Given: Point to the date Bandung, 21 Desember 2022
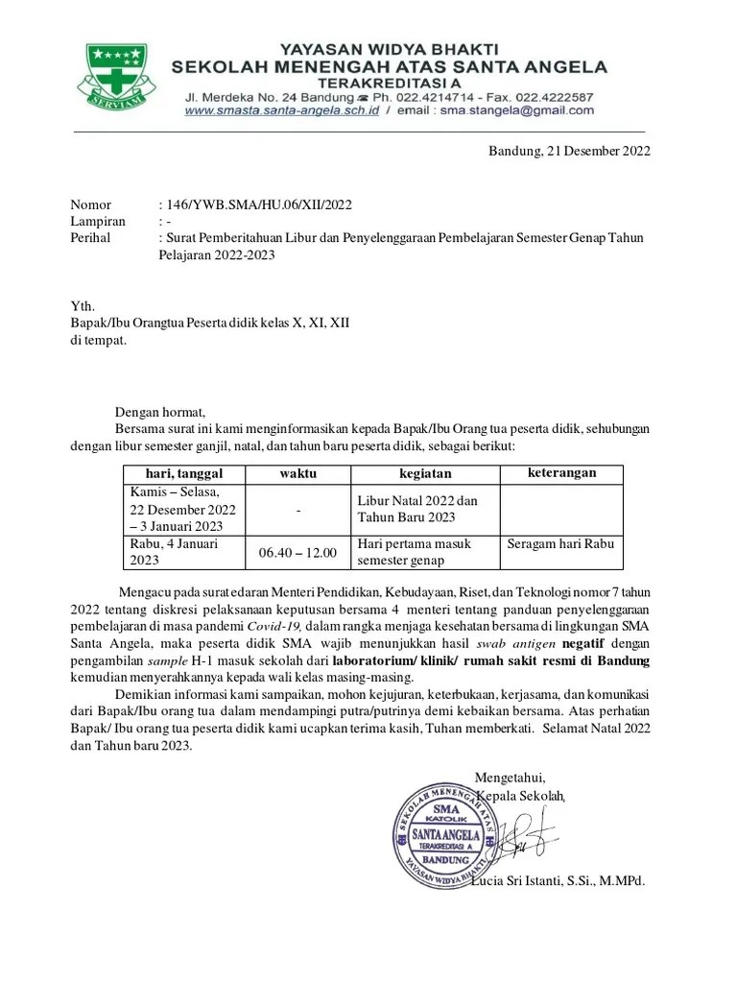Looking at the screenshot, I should [569, 151].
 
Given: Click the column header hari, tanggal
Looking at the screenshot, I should [183, 473].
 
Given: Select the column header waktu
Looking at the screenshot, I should [297, 473].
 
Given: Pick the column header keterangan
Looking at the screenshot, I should [562, 472].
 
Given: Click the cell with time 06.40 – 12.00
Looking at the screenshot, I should [297, 553].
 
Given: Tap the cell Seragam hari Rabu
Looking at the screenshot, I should [560, 544].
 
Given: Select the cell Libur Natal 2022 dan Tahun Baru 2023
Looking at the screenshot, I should [419, 509].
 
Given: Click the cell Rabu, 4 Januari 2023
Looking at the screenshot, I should [173, 552].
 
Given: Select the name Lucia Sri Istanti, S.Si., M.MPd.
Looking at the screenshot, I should [558, 881].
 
